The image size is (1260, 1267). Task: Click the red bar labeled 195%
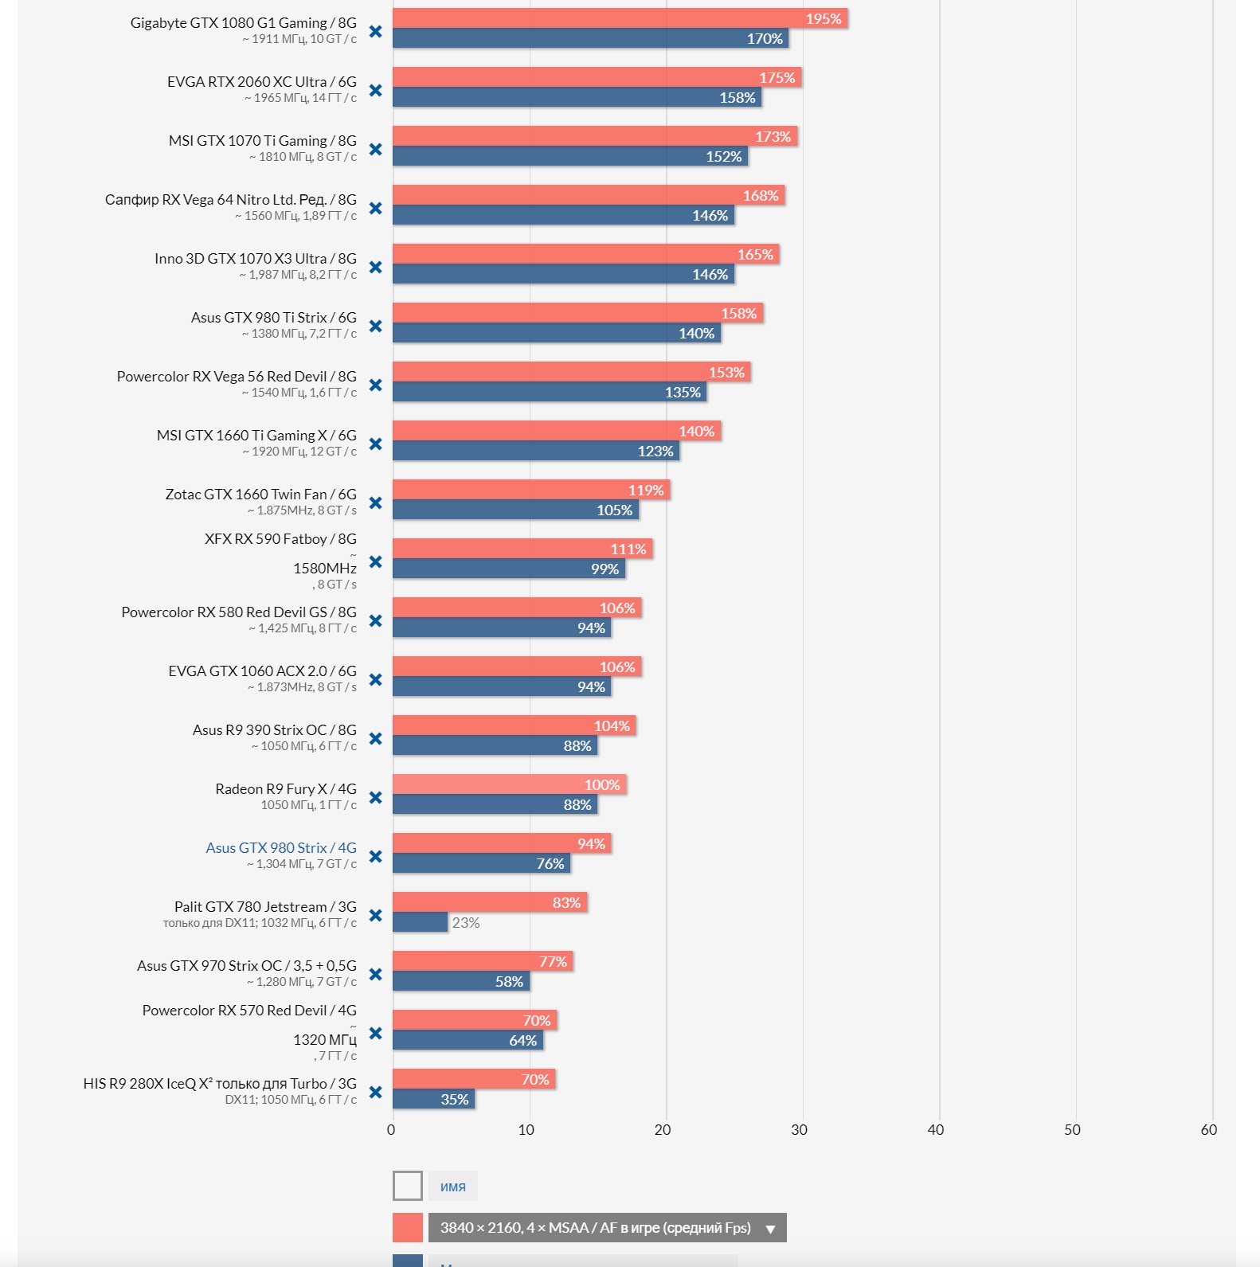point(620,18)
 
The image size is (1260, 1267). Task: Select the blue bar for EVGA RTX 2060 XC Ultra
point(577,97)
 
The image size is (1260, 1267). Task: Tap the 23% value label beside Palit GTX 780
point(466,923)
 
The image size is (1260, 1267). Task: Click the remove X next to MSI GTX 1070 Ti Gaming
point(376,150)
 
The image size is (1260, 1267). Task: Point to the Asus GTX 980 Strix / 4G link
point(281,848)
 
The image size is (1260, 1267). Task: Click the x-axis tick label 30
point(799,1130)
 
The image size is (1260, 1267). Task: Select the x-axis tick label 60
point(1208,1130)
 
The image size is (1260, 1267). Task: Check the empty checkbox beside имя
point(408,1186)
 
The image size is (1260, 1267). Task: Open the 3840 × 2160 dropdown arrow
point(770,1229)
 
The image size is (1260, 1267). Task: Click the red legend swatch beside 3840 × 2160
point(408,1228)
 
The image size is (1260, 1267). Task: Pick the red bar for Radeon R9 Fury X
point(510,784)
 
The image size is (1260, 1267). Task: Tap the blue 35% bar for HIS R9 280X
point(433,1099)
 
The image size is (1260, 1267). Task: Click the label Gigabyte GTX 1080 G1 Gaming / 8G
point(244,23)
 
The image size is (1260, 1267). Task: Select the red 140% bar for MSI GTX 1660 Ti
point(557,431)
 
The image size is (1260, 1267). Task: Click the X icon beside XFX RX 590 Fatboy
point(376,562)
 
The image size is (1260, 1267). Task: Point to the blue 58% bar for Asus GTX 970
point(461,981)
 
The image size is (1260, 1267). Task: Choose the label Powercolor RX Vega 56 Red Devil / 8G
point(237,377)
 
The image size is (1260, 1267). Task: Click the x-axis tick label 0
point(391,1130)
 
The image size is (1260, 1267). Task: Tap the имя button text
point(453,1187)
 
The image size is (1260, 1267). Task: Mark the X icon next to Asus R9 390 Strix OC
point(376,739)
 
